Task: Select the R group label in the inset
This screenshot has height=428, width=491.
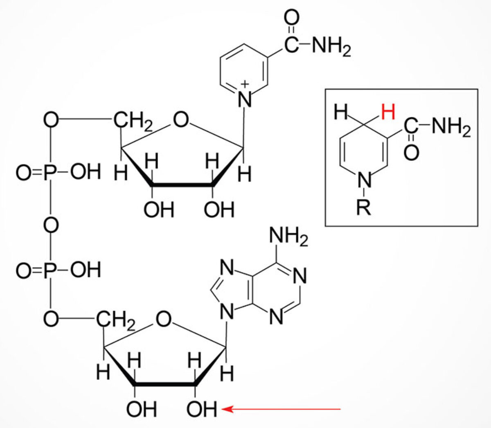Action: click(x=363, y=208)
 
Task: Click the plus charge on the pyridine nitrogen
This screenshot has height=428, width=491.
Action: click(x=244, y=84)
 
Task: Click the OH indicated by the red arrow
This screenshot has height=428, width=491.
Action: click(x=202, y=408)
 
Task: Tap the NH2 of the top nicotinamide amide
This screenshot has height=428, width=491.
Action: click(x=331, y=47)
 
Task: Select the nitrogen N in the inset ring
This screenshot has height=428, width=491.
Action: click(x=364, y=179)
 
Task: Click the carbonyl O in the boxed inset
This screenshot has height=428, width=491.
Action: click(x=412, y=152)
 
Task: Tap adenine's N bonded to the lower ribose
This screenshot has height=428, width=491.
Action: click(x=227, y=313)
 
